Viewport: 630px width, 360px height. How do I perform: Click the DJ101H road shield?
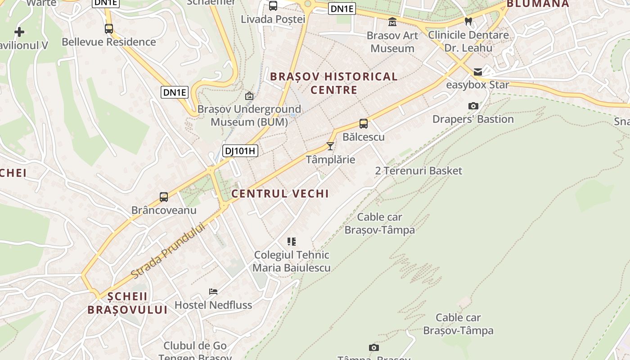240,151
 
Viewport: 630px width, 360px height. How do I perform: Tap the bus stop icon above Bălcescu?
363,123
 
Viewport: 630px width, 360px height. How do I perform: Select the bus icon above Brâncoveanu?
164,197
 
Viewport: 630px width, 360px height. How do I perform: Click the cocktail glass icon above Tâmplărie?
330,146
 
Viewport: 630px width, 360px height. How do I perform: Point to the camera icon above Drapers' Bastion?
473,106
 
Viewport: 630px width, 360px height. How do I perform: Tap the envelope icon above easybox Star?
477,72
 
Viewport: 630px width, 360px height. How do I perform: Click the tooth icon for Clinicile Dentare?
468,21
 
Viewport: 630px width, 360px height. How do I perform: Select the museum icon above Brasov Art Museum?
392,22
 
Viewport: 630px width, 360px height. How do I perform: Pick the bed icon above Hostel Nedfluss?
213,292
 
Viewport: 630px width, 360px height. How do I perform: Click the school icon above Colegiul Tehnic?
292,242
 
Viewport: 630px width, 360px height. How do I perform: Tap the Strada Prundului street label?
168,251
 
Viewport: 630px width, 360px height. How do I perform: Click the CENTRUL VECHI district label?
280,193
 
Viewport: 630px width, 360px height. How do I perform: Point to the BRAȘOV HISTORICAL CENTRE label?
334,83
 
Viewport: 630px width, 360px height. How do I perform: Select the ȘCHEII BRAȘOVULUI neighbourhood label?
127,303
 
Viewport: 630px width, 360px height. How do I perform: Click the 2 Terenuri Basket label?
418,171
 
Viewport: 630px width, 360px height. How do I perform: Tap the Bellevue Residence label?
109,42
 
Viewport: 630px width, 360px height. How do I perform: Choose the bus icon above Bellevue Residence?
109,28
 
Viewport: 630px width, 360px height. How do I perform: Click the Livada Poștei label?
273,19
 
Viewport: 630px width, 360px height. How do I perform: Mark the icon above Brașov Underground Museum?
249,96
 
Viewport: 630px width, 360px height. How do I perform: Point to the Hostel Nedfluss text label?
213,305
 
